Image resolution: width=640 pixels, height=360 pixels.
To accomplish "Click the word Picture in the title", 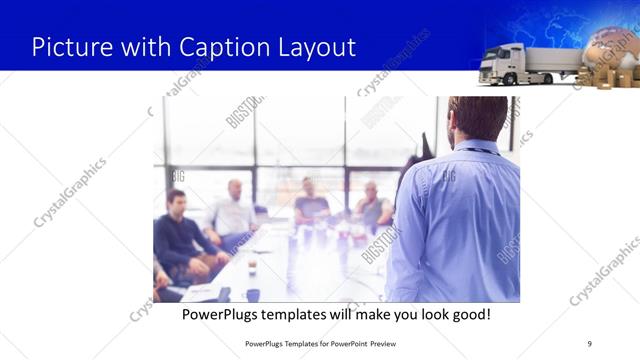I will pos(64,47).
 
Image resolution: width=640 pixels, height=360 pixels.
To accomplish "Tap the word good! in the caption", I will pos(470,314).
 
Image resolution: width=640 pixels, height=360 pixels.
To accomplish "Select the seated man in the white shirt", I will pos(234,213).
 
